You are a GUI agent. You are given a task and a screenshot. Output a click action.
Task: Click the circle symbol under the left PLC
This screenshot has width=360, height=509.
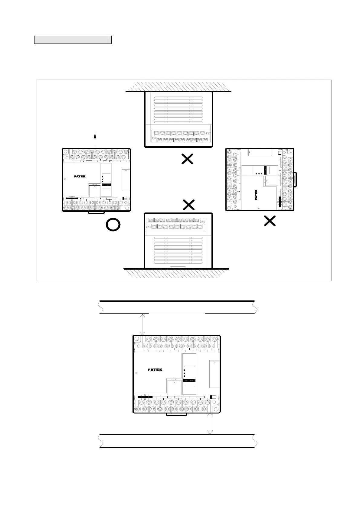point(113,225)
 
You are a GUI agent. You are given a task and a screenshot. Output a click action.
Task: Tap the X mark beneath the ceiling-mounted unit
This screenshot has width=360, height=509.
point(187,159)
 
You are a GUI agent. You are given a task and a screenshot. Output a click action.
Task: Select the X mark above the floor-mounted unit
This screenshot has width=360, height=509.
point(189,205)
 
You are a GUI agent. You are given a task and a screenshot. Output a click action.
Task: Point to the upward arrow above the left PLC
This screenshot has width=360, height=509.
point(95,139)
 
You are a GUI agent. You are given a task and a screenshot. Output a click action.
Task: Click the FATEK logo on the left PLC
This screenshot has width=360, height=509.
point(80,177)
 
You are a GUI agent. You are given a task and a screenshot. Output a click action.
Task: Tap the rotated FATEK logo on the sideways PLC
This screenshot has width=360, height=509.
point(256,195)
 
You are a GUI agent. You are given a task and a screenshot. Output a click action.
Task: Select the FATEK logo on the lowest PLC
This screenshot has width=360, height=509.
point(155,370)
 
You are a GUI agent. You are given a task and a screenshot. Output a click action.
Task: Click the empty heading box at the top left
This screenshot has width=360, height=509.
point(73,40)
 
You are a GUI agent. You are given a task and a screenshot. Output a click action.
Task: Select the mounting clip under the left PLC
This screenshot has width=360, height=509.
point(97,212)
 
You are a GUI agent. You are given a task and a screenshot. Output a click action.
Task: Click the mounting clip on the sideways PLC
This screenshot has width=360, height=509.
point(296,179)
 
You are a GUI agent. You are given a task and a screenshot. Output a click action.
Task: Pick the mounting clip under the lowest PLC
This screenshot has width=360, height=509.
point(176,415)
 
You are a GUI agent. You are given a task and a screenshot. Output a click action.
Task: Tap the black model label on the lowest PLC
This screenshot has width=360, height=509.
point(190,380)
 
